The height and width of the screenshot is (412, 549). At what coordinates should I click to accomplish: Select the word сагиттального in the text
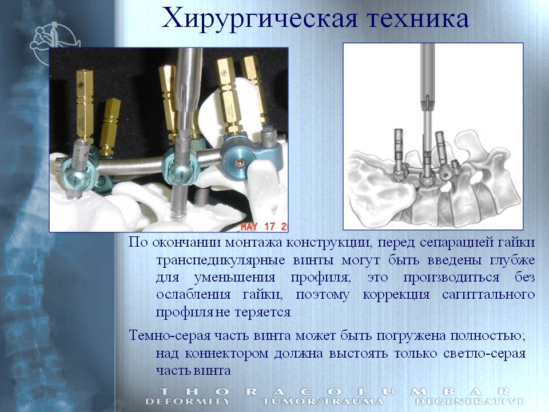point(488,294)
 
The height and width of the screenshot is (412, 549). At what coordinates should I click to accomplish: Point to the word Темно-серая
point(170,335)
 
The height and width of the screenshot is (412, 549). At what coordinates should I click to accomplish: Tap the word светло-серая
point(484,353)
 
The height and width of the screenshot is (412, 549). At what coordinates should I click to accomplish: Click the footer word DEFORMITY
point(188,401)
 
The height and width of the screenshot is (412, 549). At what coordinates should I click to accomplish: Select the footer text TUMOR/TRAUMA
point(322,401)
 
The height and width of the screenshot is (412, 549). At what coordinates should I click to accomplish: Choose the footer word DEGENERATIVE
point(470,401)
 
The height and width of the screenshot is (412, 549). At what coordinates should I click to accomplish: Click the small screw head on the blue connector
point(240,163)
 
